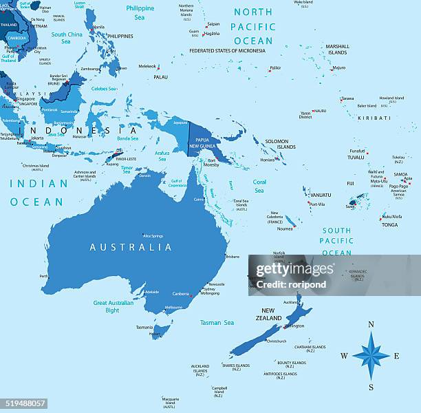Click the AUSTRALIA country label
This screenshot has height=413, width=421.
click(x=131, y=247)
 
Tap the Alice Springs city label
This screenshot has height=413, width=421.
click(x=153, y=235)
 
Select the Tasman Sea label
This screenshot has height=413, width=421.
click(x=217, y=322)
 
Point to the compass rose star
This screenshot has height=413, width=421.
click(x=371, y=356)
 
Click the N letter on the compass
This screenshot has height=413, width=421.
click(x=371, y=325)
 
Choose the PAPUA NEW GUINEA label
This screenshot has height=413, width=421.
click(x=203, y=143)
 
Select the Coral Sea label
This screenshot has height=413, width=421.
click(x=259, y=187)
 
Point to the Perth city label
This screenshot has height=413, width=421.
click(x=44, y=277)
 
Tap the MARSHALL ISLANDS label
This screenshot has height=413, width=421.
click(x=337, y=50)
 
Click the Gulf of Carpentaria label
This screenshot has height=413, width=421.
click(x=177, y=183)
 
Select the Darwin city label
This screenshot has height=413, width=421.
click(x=144, y=176)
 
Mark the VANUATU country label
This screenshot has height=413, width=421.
click(x=320, y=195)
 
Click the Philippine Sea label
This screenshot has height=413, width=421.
click(x=140, y=12)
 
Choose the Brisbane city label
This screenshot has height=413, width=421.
click(x=233, y=257)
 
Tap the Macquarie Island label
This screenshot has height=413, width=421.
click(x=170, y=401)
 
